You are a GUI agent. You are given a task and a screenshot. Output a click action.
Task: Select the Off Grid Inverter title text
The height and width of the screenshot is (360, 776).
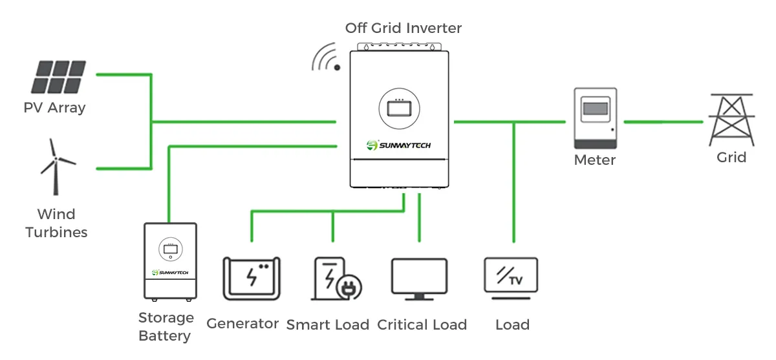[404, 28]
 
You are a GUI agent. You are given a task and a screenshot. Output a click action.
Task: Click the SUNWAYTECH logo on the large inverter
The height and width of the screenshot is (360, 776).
[398, 145]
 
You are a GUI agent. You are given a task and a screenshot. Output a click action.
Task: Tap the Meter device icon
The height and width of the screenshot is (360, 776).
[596, 117]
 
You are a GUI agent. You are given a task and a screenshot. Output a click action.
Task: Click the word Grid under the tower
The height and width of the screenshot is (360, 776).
[731, 157]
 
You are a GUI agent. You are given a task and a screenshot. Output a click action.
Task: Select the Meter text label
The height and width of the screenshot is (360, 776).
[595, 160]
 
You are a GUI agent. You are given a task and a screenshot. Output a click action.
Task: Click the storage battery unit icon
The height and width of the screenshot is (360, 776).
[169, 261]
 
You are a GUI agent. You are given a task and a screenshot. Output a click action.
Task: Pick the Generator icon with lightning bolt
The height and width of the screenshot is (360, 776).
[252, 278]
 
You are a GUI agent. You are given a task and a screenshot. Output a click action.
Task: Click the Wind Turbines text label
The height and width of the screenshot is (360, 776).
[56, 223]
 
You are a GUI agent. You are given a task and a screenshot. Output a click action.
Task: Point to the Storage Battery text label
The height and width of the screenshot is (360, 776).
[166, 326]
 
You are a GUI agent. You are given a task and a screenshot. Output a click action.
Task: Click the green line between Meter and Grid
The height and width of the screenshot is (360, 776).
[663, 122]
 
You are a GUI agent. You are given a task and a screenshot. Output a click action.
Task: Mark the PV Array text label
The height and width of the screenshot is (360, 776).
[54, 107]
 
